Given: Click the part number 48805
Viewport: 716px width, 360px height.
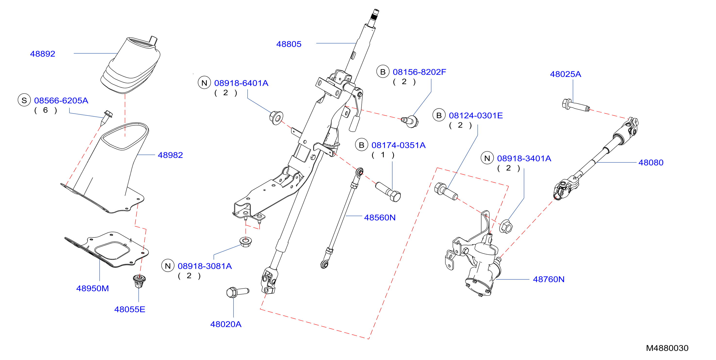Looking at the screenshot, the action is pos(289,44).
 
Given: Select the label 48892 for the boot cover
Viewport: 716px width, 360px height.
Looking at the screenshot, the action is pos(42,54).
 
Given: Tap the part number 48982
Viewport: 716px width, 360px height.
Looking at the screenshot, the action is pos(170,155).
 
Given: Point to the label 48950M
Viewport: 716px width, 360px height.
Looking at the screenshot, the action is pos(92,288).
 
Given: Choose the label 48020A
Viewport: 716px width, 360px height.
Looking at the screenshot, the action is pos(226,324).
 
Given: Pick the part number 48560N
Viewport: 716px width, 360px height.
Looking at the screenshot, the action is pos(380,218).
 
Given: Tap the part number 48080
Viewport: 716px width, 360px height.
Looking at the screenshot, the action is pos(651,163).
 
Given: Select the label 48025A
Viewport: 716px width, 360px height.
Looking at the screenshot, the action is pos(565,74).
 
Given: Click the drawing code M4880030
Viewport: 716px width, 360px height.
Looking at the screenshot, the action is pos(667,348).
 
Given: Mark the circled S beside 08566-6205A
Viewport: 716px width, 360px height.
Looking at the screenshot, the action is pos(24,100).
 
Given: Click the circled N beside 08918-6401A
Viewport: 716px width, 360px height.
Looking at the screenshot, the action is pos(204,83).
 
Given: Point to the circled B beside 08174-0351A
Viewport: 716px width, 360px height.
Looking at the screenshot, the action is pos(362,145).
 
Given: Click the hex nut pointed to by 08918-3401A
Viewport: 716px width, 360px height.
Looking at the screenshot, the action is pos(506,227).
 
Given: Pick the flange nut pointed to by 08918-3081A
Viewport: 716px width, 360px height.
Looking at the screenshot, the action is pos(246,242).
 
